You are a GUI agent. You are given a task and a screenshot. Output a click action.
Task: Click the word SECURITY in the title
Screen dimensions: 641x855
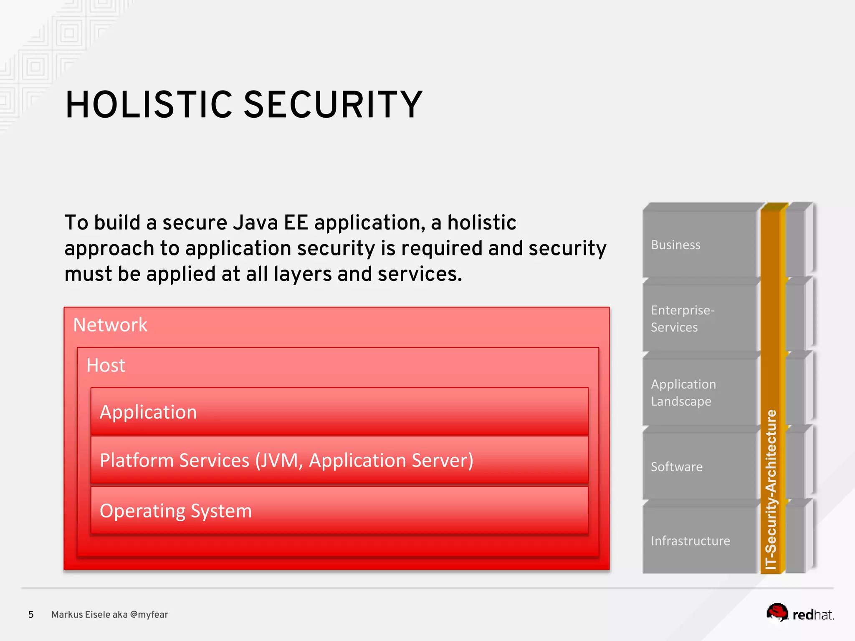pos(333,105)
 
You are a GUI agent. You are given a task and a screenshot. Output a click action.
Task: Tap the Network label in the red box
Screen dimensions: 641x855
pos(110,325)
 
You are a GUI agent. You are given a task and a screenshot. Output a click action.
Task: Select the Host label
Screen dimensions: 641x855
pos(106,366)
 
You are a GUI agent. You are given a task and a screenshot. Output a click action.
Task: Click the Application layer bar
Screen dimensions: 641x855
pos(339,412)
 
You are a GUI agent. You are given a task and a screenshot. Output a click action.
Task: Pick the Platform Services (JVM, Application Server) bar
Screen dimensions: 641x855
pos(339,461)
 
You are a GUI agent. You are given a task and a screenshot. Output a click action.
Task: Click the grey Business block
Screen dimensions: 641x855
pos(699,245)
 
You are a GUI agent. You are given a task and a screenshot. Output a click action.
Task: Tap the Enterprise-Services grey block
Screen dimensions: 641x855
pos(699,319)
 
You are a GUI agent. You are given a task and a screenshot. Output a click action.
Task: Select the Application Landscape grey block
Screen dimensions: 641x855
pos(699,393)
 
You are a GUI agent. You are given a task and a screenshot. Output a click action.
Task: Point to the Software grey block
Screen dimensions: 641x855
pos(699,467)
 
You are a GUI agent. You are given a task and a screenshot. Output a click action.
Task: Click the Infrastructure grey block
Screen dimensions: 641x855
pos(699,541)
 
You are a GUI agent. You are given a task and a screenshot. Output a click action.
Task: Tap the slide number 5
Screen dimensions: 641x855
pos(31,615)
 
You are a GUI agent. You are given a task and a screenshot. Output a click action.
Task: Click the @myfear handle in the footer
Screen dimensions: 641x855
pos(149,615)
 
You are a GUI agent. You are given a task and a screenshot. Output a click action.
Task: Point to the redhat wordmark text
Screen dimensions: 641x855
pos(812,615)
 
